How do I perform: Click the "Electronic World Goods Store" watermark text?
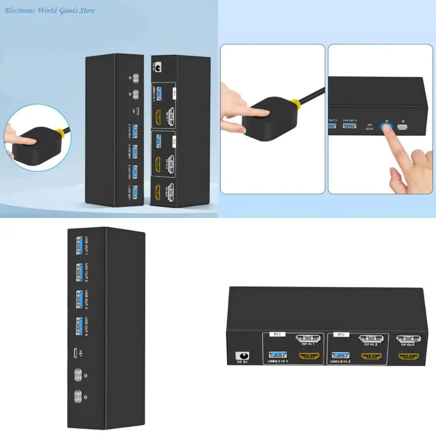(x=50, y=10)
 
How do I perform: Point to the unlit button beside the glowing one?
(x=402, y=127)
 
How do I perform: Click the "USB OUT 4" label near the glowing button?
(x=350, y=120)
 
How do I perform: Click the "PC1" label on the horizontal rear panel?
(x=277, y=335)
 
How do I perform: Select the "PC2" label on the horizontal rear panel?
(x=341, y=335)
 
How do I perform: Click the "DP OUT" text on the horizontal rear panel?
(x=407, y=344)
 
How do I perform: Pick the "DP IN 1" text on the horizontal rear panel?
(x=308, y=344)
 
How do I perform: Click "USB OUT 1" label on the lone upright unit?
(x=86, y=246)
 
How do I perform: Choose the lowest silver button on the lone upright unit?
(x=78, y=397)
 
